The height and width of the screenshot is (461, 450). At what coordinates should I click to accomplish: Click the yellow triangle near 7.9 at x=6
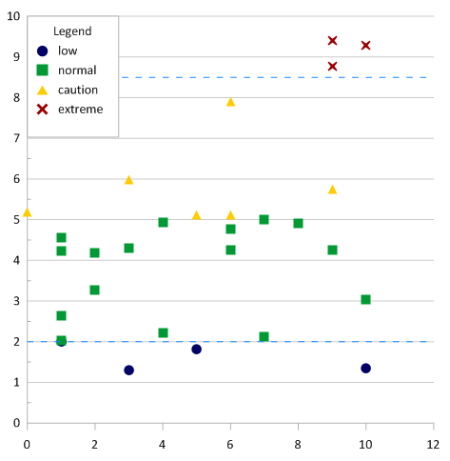[230, 102]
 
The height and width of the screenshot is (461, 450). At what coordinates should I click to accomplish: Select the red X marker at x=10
[365, 45]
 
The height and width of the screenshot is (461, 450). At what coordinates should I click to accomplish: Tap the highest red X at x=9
[332, 40]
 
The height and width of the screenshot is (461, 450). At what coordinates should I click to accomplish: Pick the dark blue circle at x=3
[128, 370]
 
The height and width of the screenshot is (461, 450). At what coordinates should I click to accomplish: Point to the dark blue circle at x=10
[365, 368]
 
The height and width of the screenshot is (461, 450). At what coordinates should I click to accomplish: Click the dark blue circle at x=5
[196, 349]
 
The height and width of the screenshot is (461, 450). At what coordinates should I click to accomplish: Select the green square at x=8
[298, 223]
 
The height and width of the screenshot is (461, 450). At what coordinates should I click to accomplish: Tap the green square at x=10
[365, 299]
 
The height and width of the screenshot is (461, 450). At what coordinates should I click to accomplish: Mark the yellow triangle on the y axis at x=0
[27, 212]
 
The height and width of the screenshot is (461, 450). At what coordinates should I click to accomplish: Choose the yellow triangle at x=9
[332, 190]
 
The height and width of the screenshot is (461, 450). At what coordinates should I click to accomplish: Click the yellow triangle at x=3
[128, 180]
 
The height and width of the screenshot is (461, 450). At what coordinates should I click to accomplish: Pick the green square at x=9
[332, 250]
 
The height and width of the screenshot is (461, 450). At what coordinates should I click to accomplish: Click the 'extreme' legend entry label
[81, 110]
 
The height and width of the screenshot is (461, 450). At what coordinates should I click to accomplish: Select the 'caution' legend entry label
[78, 90]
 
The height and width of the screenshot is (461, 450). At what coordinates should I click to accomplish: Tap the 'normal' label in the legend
[77, 70]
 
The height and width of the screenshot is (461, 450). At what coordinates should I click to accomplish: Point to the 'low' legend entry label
[68, 50]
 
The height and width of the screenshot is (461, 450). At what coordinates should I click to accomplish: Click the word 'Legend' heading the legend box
[72, 31]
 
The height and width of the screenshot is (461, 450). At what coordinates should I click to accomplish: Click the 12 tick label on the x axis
[433, 443]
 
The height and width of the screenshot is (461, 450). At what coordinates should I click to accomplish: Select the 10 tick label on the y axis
[13, 15]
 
